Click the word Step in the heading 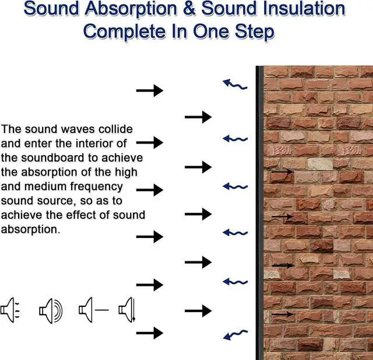(252, 31)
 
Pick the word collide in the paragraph (113, 129)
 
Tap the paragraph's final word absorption (30, 229)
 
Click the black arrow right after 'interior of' (150, 142)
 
